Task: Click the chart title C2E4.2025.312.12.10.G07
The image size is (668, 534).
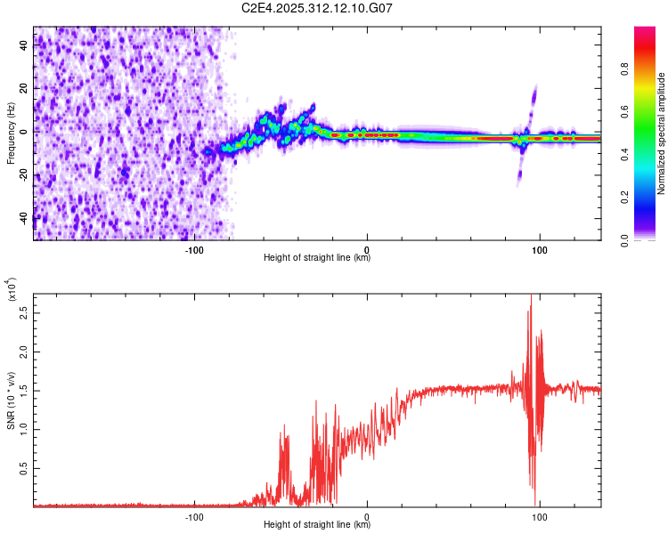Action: pyautogui.click(x=317, y=8)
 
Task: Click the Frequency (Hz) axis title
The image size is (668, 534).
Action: pyautogui.click(x=11, y=133)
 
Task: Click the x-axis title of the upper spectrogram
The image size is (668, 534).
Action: pyautogui.click(x=317, y=258)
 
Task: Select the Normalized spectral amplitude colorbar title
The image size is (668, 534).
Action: pyautogui.click(x=662, y=133)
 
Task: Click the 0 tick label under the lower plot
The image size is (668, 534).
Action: pyautogui.click(x=368, y=515)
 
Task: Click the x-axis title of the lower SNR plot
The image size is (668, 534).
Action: pyautogui.click(x=317, y=525)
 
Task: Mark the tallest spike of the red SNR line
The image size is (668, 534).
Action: pyautogui.click(x=531, y=295)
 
